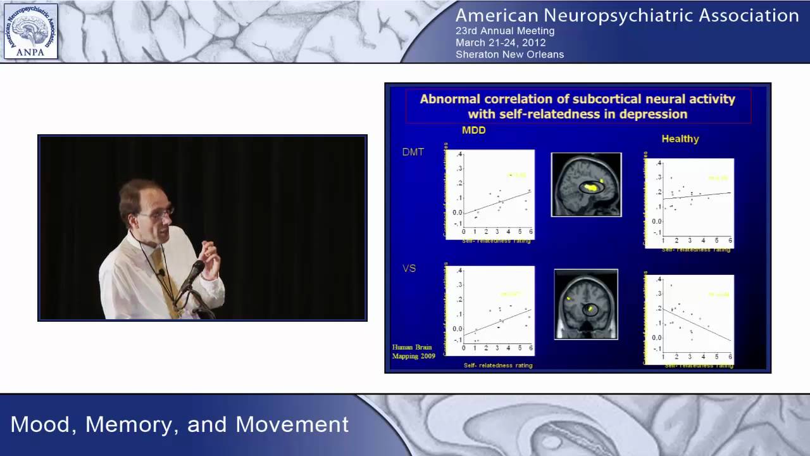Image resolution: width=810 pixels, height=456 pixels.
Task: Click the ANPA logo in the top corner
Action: click(x=30, y=31)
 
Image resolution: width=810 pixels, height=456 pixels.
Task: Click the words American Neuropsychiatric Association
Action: click(x=627, y=15)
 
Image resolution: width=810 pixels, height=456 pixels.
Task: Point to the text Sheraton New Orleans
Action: click(x=509, y=54)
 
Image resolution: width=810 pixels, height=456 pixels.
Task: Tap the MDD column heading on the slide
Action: click(x=473, y=130)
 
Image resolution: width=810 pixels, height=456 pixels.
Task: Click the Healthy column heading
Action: click(x=680, y=139)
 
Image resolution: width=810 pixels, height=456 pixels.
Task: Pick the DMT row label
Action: click(x=413, y=152)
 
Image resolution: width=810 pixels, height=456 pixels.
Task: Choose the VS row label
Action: click(x=409, y=269)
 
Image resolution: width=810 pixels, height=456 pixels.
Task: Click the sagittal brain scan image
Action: click(x=586, y=184)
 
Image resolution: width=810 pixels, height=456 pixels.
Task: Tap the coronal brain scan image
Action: click(x=585, y=304)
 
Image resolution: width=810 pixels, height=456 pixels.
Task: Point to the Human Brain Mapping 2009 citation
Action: click(x=413, y=351)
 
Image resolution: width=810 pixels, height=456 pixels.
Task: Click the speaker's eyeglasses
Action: click(x=158, y=213)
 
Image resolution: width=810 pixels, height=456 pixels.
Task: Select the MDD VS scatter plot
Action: click(x=489, y=311)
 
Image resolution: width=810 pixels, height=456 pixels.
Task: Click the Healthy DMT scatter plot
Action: click(x=689, y=203)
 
